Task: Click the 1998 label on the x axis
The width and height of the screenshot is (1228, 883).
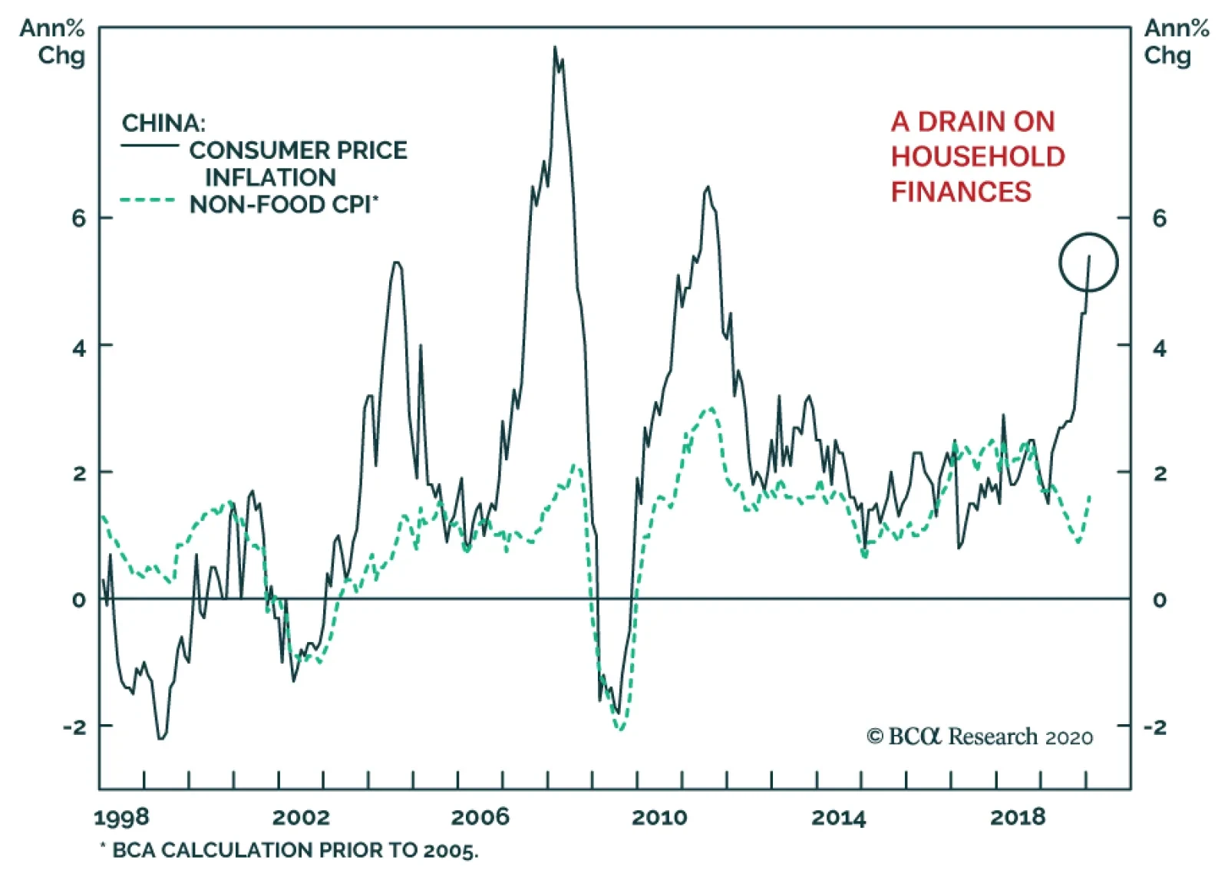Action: [x=121, y=817]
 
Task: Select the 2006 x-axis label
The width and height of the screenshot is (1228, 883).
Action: [x=480, y=817]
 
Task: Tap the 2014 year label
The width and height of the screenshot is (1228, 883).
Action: [x=838, y=817]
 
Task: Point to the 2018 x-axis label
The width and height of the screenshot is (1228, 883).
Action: [x=1018, y=817]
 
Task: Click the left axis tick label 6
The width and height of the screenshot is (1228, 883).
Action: [x=79, y=219]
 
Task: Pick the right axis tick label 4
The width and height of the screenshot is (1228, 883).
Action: [x=1159, y=348]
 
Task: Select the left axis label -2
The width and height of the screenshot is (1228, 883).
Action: [x=75, y=726]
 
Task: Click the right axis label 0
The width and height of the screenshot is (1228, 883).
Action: [x=1159, y=600]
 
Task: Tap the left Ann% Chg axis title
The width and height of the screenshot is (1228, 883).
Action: [x=52, y=42]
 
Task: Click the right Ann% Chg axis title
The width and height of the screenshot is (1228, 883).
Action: [x=1176, y=42]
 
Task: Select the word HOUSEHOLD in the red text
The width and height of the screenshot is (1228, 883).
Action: [x=978, y=157]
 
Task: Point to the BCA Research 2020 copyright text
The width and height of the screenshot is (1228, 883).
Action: [x=980, y=736]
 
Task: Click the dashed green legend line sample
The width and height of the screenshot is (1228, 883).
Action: [x=148, y=201]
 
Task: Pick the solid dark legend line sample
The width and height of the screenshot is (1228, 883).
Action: [x=150, y=145]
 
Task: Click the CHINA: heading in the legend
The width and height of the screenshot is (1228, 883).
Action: [x=163, y=123]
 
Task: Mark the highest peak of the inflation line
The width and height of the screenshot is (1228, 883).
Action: [x=555, y=48]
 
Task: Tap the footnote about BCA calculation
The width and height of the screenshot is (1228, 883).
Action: [x=289, y=850]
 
